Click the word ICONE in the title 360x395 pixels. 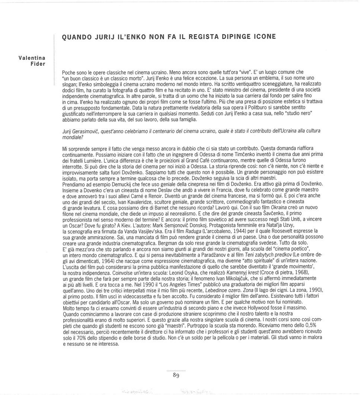coord(264,37)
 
